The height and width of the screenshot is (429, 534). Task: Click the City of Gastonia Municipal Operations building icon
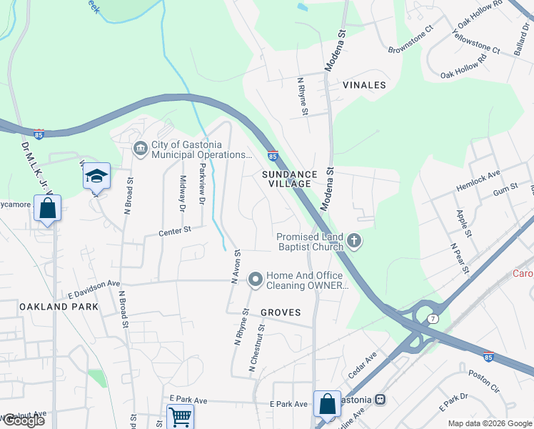coord(140,148)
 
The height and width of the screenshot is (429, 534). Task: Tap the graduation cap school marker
coord(96,176)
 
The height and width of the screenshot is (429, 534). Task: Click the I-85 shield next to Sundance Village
coord(273,155)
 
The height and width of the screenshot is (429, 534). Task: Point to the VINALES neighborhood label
coord(364,85)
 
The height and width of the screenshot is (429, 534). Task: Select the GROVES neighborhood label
coord(281,312)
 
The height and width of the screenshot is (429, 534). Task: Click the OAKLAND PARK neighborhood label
coord(49,306)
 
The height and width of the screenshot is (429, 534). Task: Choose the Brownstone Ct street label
coord(410,41)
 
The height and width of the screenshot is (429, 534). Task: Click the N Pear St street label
coord(459,258)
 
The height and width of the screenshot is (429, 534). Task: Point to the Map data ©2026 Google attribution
coord(489,423)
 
